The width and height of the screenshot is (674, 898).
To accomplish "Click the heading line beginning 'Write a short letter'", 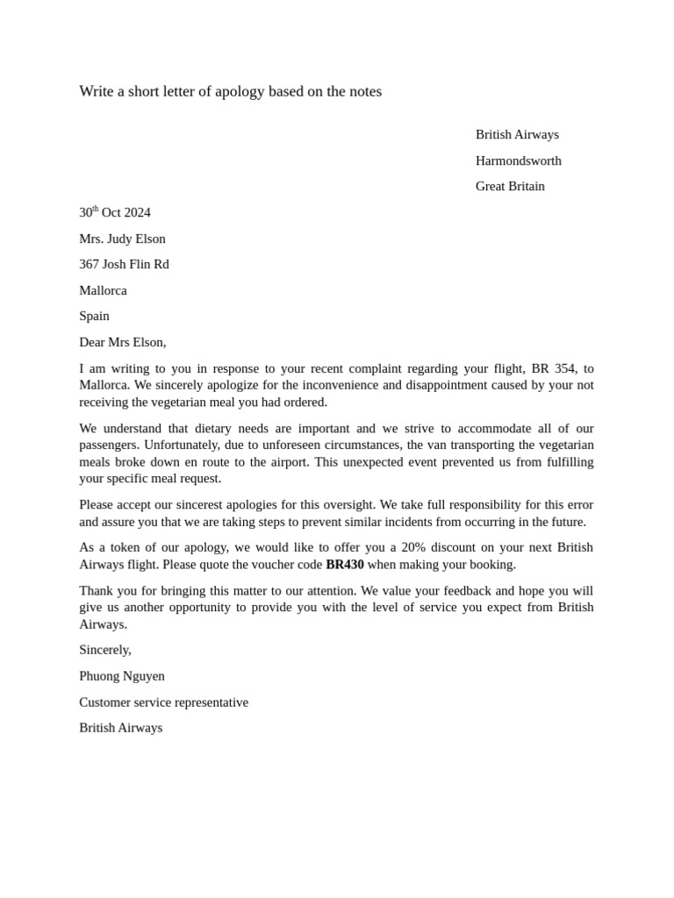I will pyautogui.click(x=230, y=91).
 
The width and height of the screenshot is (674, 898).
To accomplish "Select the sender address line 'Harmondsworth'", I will pyautogui.click(x=518, y=160).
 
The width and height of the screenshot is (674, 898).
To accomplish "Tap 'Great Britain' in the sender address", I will pyautogui.click(x=510, y=186).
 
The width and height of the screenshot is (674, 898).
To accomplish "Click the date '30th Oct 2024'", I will pyautogui.click(x=115, y=212).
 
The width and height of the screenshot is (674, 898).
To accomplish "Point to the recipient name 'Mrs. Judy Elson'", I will pyautogui.click(x=122, y=239).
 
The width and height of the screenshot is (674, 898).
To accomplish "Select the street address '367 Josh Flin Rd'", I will pyautogui.click(x=124, y=264).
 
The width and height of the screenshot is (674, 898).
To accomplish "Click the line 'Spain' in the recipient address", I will pyautogui.click(x=94, y=316).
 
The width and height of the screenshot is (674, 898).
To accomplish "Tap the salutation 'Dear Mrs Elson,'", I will pyautogui.click(x=122, y=342).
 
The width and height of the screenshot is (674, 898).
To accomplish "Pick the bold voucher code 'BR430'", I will pyautogui.click(x=344, y=565).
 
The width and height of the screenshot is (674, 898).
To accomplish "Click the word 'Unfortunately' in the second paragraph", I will pyautogui.click(x=183, y=445).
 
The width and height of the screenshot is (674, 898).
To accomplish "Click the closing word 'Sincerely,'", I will pyautogui.click(x=105, y=650).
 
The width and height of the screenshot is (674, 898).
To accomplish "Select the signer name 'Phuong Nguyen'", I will pyautogui.click(x=122, y=676).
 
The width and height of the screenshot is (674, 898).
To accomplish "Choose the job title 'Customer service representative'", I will pyautogui.click(x=163, y=702).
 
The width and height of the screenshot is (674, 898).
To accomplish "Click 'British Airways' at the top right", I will pyautogui.click(x=517, y=134).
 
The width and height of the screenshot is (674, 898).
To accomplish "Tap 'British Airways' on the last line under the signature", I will pyautogui.click(x=120, y=728).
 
